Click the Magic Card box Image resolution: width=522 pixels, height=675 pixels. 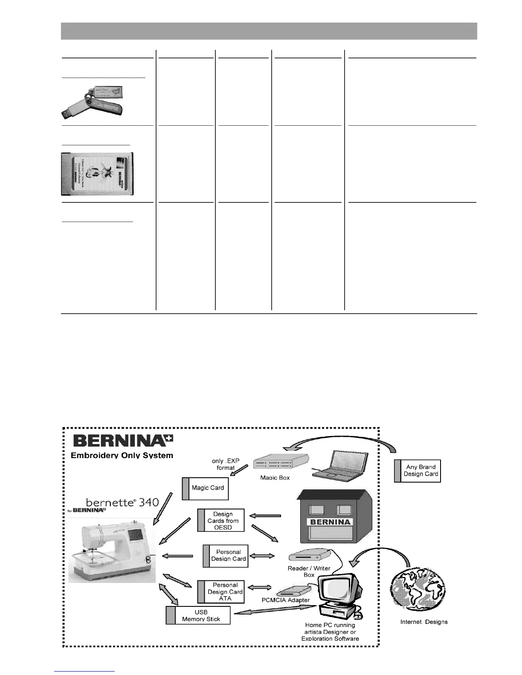[206, 488]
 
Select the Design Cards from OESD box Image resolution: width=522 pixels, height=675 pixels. [221, 520]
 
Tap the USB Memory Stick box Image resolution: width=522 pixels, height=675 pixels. [198, 615]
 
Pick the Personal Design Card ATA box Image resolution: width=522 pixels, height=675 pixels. [221, 592]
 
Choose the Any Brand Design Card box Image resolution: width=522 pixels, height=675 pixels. [418, 470]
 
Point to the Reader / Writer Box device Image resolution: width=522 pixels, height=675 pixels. [310, 555]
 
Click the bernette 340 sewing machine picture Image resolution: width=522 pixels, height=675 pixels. [112, 549]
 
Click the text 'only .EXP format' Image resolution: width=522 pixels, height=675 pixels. [226, 464]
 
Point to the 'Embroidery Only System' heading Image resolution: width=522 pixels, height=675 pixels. [122, 456]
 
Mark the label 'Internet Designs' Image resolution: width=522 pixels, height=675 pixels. [424, 622]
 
